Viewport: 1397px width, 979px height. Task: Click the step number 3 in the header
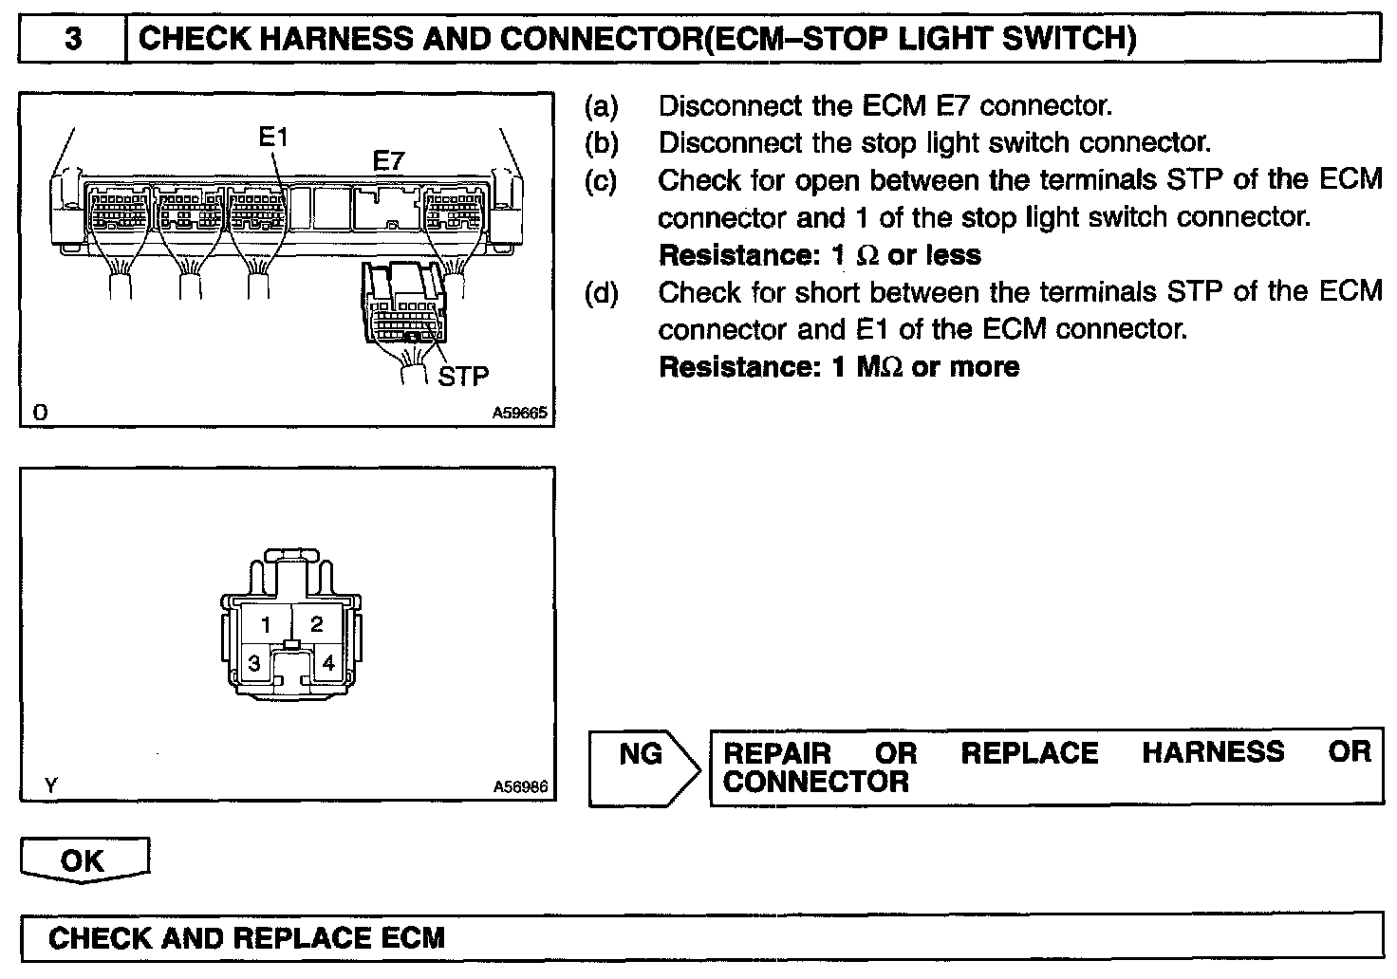[x=74, y=40]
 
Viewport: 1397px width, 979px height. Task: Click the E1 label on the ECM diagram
[x=273, y=138]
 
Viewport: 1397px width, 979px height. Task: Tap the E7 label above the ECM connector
[x=387, y=162]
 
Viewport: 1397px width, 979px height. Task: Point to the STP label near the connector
[x=463, y=376]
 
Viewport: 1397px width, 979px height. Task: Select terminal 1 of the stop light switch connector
[x=267, y=624]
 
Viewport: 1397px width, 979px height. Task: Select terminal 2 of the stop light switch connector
[x=317, y=624]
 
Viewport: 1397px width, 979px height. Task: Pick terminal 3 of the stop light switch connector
[x=254, y=663]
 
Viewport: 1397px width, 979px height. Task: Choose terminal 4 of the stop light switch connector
[x=328, y=663]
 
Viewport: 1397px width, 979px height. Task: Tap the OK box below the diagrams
[x=83, y=860]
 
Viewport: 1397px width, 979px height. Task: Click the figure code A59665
[x=520, y=415]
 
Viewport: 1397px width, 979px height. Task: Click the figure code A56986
[x=520, y=787]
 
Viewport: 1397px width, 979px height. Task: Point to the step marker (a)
[x=601, y=106]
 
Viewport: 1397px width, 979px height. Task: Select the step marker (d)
[x=601, y=292]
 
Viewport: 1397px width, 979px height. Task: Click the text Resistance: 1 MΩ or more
[x=839, y=367]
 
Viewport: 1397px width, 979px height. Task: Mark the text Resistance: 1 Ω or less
[x=820, y=255]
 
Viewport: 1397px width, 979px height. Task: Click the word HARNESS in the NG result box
[x=1213, y=753]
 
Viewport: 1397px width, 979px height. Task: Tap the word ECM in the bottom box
[x=412, y=938]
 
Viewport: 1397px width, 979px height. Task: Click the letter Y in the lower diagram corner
[x=50, y=785]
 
